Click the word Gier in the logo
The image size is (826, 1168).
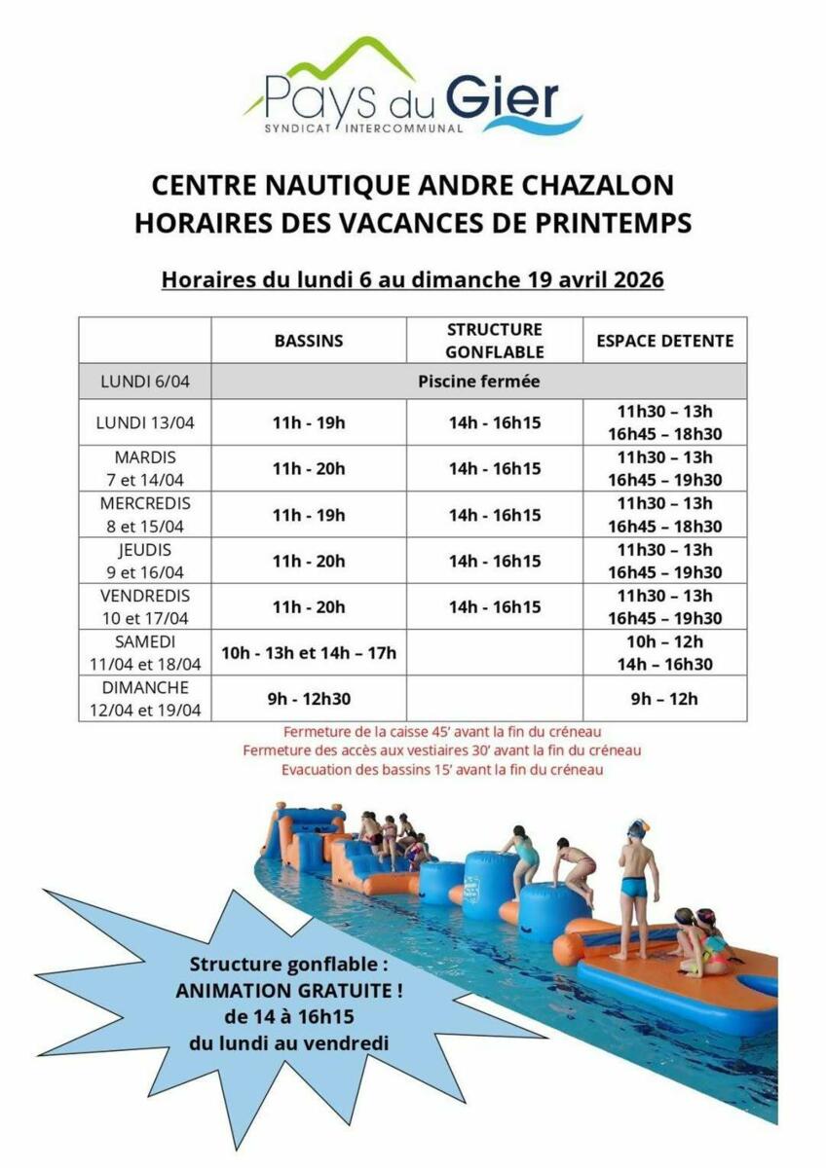pyautogui.click(x=503, y=99)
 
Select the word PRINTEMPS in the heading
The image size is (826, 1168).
pyautogui.click(x=612, y=223)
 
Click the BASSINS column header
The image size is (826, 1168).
pyautogui.click(x=309, y=341)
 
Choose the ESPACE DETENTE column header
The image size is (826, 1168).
pyautogui.click(x=665, y=341)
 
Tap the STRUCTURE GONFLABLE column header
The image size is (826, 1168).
pyautogui.click(x=495, y=341)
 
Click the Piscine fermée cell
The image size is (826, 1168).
pyautogui.click(x=478, y=382)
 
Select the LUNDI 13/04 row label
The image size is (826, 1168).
pyautogui.click(x=145, y=422)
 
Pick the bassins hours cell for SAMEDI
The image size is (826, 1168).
pyautogui.click(x=309, y=653)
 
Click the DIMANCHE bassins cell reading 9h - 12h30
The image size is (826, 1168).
pyautogui.click(x=309, y=699)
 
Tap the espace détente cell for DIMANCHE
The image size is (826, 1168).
pyautogui.click(x=665, y=699)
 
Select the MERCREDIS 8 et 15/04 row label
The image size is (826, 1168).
pyautogui.click(x=145, y=515)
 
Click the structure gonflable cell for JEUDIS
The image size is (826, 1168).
pyautogui.click(x=495, y=561)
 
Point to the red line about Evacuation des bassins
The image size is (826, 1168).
pyautogui.click(x=442, y=770)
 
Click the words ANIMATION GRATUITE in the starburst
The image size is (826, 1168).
pyautogui.click(x=289, y=992)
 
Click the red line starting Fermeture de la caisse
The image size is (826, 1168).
pyautogui.click(x=441, y=731)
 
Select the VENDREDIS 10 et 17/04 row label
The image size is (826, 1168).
pyautogui.click(x=145, y=606)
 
